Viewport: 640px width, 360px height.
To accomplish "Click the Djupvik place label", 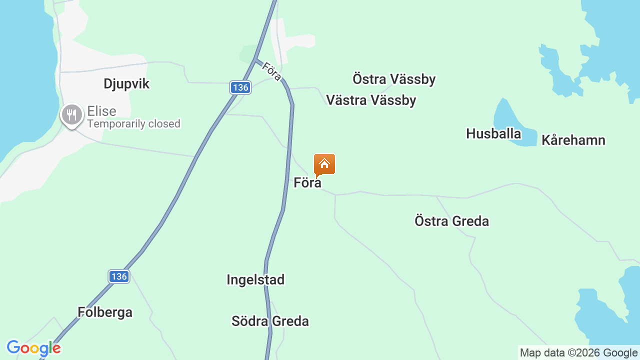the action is tap(126, 83).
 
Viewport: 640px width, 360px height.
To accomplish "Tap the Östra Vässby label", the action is tap(394, 79).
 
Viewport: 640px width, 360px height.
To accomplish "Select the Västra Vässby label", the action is tap(371, 100).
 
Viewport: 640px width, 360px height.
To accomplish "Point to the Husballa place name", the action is tap(493, 133).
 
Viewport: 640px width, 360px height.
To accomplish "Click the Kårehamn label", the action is tap(573, 140).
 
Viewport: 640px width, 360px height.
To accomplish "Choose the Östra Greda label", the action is tap(451, 221).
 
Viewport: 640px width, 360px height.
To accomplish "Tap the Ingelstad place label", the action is tap(255, 279).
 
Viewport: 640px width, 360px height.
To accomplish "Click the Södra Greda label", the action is tap(270, 321).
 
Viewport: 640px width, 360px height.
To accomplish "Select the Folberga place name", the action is tap(105, 312).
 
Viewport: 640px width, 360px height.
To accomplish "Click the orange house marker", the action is tap(324, 164).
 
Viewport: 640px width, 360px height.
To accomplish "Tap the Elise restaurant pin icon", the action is tap(72, 115).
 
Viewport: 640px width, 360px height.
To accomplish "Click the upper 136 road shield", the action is tap(240, 87).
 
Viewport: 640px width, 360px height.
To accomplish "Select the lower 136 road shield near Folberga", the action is tap(119, 276).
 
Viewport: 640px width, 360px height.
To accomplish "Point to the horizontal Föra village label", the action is tap(307, 183).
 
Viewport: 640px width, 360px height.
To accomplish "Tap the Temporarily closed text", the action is tap(133, 124).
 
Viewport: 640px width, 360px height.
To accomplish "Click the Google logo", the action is tap(33, 348).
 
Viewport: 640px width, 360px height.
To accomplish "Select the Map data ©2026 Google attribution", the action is tap(578, 352).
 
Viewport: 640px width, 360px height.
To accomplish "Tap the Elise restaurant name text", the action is tap(101, 111).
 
